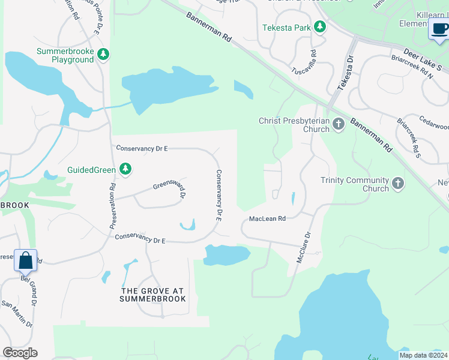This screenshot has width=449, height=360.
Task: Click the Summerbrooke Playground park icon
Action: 104,55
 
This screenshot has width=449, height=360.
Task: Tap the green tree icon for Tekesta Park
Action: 320,27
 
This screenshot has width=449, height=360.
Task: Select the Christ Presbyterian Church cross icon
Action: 339,125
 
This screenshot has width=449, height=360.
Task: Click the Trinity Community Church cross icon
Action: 397,184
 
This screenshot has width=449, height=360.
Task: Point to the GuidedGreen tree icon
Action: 125,170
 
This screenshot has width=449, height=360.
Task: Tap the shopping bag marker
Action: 26,262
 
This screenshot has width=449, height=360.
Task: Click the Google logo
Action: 20,353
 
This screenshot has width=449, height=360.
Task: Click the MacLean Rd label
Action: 267,219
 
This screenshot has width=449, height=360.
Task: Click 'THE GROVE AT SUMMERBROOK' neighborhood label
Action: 152,294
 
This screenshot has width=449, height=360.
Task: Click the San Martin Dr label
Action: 16,314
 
